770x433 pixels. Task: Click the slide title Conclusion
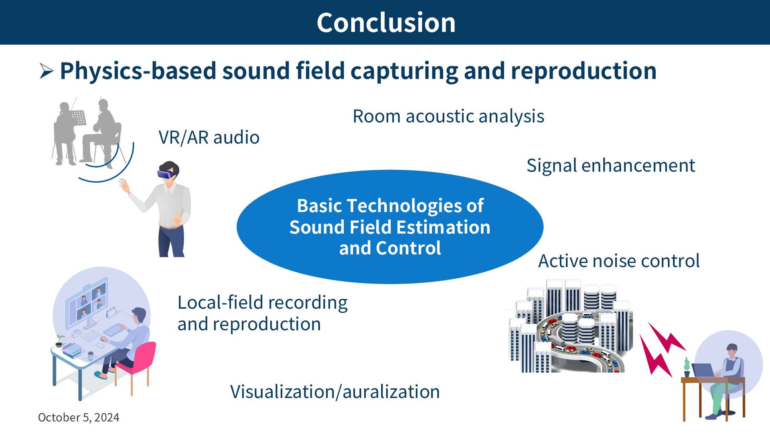(x=386, y=22)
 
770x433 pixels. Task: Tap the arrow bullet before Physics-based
(x=47, y=71)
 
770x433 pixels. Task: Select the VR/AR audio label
(x=209, y=137)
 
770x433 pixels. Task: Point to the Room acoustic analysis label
(x=448, y=116)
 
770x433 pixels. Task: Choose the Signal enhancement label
(x=611, y=165)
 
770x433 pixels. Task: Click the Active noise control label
(x=619, y=261)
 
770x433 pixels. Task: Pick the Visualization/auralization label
(x=335, y=392)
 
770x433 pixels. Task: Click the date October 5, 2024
(x=79, y=417)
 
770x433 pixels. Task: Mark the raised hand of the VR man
(x=124, y=186)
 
